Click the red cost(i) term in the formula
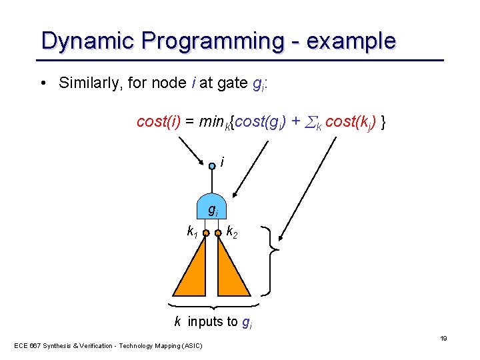[x=158, y=121]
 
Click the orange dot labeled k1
[x=206, y=233]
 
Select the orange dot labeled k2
[x=219, y=233]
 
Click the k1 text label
[x=191, y=232]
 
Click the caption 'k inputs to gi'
[x=212, y=322]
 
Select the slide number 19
[x=443, y=339]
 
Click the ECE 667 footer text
[x=109, y=345]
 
